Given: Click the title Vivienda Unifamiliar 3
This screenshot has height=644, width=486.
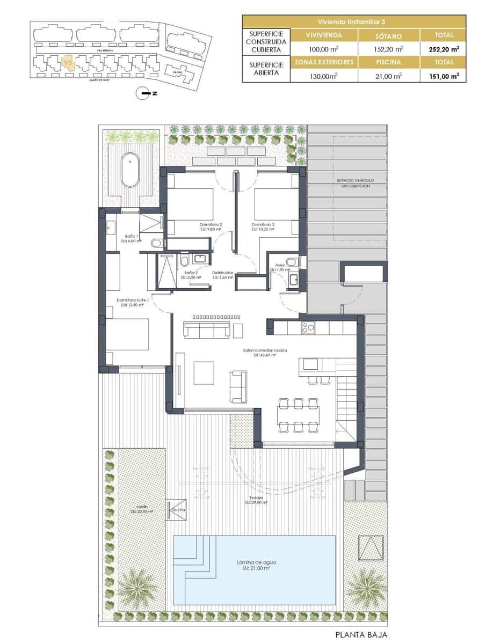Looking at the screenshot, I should [354, 21].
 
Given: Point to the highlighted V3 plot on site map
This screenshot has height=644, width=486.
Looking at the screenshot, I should [67, 63].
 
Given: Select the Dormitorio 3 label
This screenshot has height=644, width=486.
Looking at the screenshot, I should [263, 224].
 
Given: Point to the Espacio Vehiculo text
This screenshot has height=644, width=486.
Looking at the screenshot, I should [355, 181].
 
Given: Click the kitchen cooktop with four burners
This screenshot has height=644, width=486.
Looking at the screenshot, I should [308, 327].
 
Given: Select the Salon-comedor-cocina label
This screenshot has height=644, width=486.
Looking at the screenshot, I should [265, 350].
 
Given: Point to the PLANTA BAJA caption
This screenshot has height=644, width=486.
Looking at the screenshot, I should [361, 634].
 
